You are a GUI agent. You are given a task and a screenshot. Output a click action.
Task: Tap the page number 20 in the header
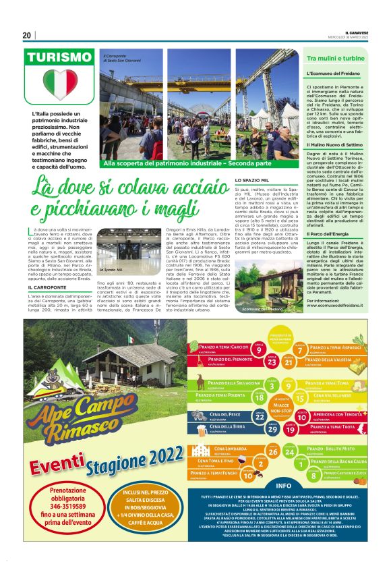(26, 35)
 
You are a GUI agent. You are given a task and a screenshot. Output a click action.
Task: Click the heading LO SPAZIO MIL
(252, 181)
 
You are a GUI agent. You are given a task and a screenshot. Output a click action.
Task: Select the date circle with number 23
(272, 362)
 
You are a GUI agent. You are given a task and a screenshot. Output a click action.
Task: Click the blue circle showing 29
(272, 428)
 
